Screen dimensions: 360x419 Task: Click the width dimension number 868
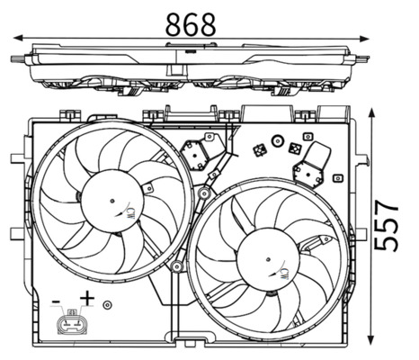(191, 24)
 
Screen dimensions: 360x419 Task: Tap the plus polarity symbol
(87, 298)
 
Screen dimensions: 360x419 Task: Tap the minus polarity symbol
(57, 299)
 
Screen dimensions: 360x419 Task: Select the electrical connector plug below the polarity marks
(72, 323)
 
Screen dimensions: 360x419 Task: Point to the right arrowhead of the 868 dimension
(365, 38)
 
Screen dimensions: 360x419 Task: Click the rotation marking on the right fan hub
(283, 270)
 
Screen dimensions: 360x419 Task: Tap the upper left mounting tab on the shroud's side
(19, 160)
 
